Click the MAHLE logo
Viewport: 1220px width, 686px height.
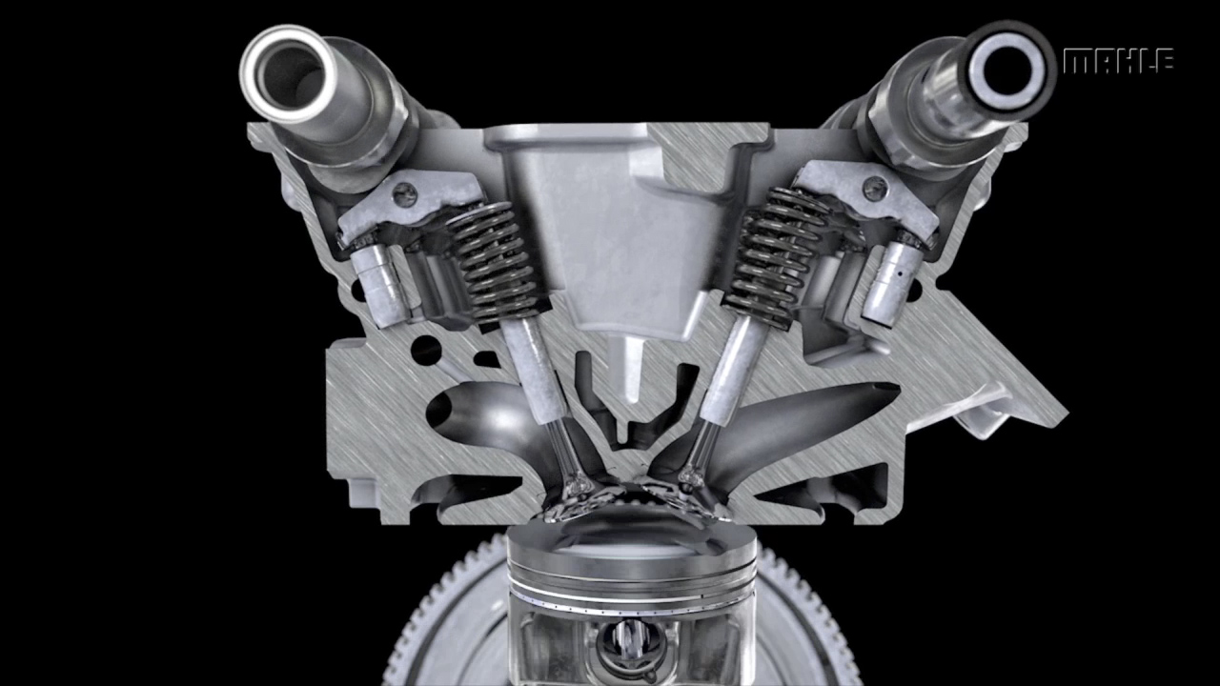(1118, 61)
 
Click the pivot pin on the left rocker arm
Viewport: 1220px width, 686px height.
(405, 192)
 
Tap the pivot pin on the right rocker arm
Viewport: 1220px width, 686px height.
(875, 189)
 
